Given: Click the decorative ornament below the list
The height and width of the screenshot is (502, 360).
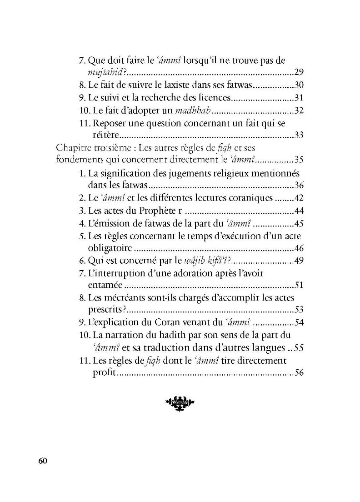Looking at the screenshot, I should click(x=180, y=401).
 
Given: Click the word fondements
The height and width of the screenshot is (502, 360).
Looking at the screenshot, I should click(x=78, y=160).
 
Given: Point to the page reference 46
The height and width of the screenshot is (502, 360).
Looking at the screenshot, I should click(x=299, y=248).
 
